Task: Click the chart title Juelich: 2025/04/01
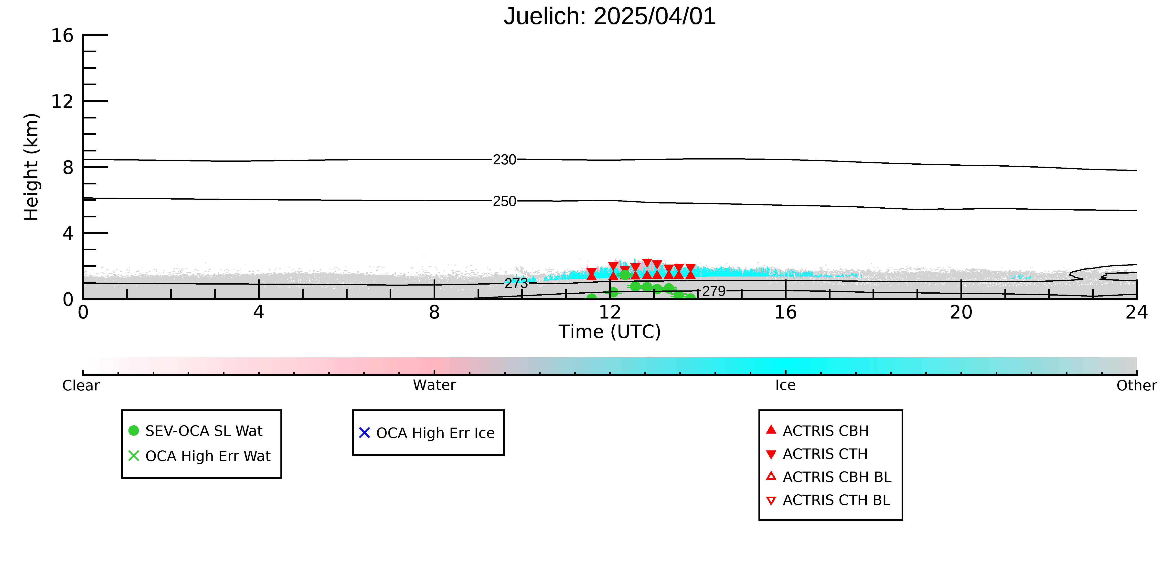click(x=610, y=16)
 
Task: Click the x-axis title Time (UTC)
click(x=610, y=332)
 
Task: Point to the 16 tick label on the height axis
click(x=62, y=35)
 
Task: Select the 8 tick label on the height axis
click(x=68, y=167)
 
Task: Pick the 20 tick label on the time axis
click(x=961, y=313)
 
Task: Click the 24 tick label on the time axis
click(x=1137, y=313)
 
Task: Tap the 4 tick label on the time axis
click(x=258, y=313)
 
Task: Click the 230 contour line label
click(x=505, y=160)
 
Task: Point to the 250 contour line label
click(x=505, y=201)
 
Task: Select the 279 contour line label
click(x=714, y=291)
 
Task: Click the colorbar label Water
click(x=434, y=385)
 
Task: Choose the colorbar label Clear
click(x=81, y=385)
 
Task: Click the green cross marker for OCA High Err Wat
click(x=134, y=456)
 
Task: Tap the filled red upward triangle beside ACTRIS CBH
click(x=771, y=429)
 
